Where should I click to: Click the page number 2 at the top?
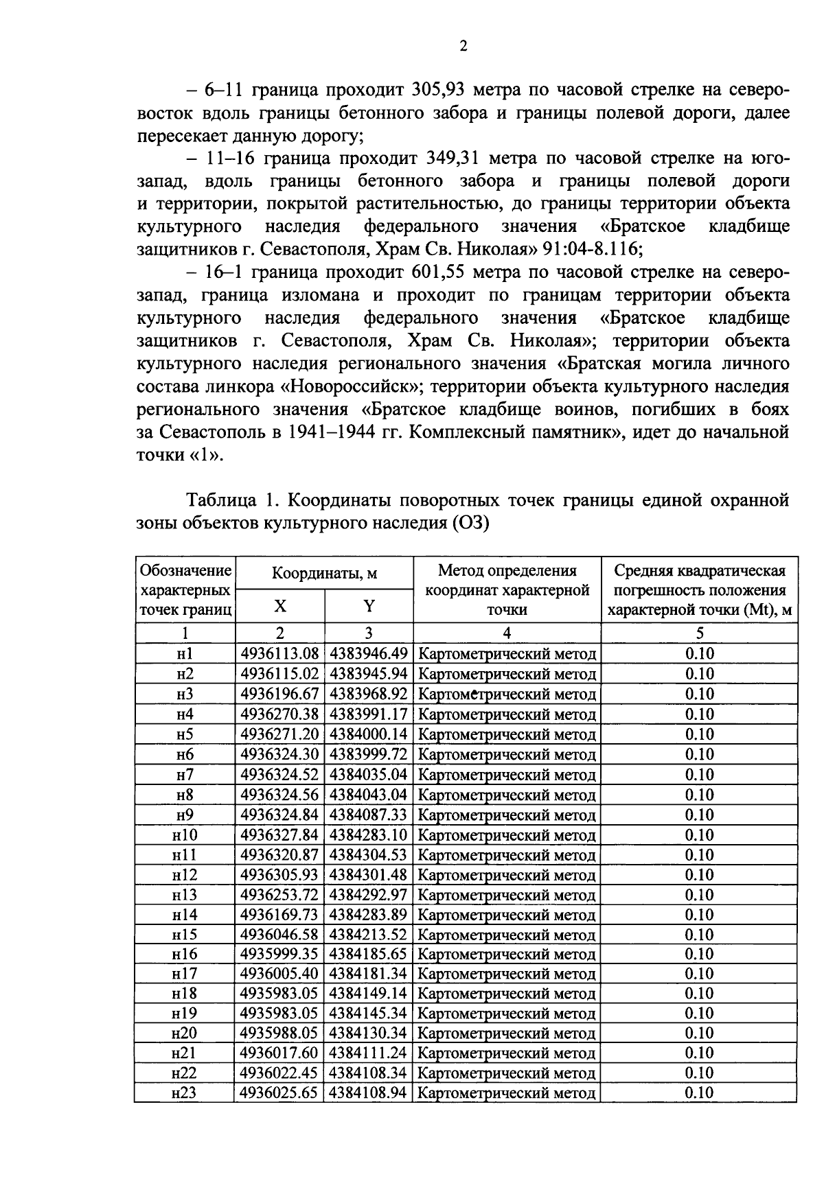point(463,47)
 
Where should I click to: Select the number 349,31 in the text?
point(454,159)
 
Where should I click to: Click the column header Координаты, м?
point(324,574)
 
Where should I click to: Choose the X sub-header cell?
point(279,606)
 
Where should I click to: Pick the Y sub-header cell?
point(369,606)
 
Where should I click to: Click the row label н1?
point(185,654)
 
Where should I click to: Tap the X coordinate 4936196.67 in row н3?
point(279,694)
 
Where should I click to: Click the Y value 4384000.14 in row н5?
point(369,734)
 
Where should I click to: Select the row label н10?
point(185,835)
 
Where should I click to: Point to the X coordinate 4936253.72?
point(279,895)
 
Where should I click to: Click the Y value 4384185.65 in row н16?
point(369,955)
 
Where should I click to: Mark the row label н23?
point(185,1093)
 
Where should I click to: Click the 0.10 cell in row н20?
point(699,1033)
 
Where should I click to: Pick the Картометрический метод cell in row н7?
point(507,775)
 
